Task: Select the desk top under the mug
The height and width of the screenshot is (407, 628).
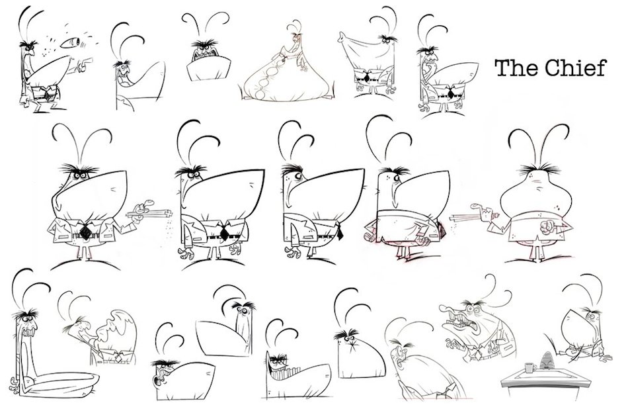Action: [x=536, y=376]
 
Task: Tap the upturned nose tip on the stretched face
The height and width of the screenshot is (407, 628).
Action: [x=342, y=37]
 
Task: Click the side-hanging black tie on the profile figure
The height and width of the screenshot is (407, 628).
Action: [x=340, y=232]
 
